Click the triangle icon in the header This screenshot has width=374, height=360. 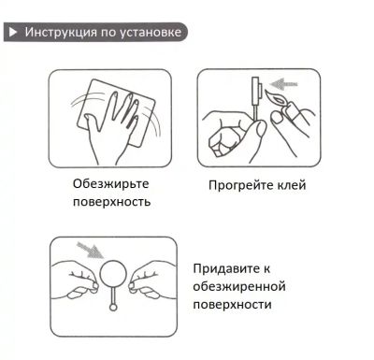[x=12, y=31]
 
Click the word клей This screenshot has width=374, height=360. [x=291, y=185]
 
